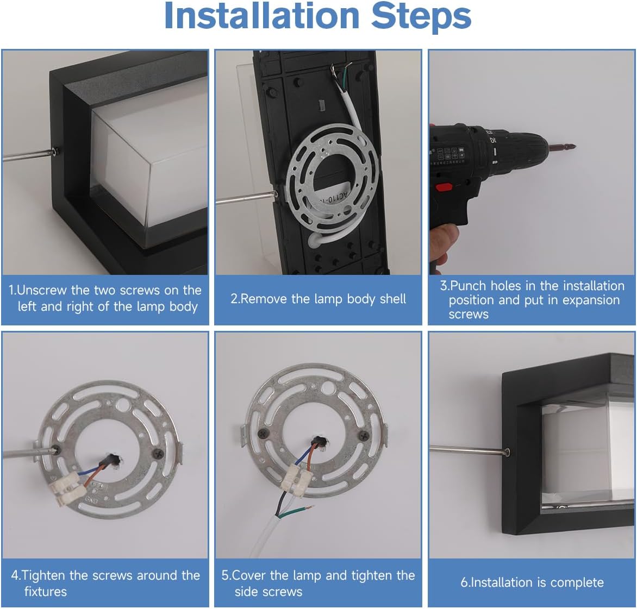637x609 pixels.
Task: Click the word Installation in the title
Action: tap(261, 16)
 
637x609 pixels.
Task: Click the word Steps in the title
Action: tap(421, 17)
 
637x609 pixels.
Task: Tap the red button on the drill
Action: tap(444, 187)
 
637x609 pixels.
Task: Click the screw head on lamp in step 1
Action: tap(55, 152)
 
